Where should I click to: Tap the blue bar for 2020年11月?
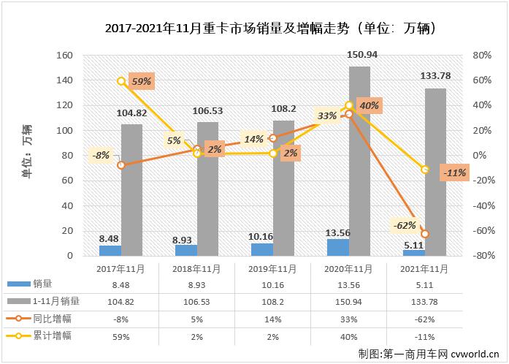coord(337,248)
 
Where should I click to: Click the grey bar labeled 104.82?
coord(131,190)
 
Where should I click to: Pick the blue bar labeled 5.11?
coord(413,253)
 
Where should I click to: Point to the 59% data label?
coord(140,81)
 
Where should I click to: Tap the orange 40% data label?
coord(369,105)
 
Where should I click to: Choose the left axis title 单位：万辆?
coord(27,156)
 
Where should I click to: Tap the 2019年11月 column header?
coord(272,268)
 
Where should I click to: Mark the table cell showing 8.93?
coord(196,283)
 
